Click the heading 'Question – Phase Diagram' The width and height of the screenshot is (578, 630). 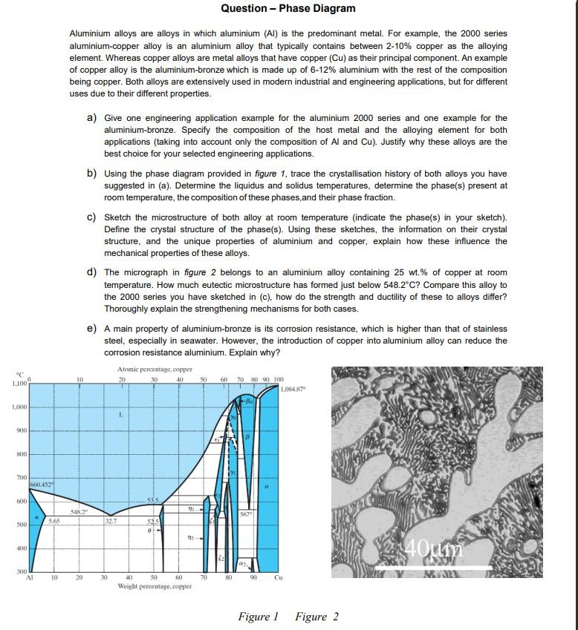288,8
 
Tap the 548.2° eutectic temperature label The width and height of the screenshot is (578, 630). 79,511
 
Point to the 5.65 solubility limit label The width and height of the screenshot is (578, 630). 53,521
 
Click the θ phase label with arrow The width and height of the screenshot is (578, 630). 152,531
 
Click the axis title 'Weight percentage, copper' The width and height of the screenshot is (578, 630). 154,585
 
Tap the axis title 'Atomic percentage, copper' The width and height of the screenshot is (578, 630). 155,369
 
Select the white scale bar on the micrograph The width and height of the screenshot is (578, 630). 432,568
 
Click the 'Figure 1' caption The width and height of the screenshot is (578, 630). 257,617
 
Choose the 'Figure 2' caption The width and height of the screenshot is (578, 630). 317,617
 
